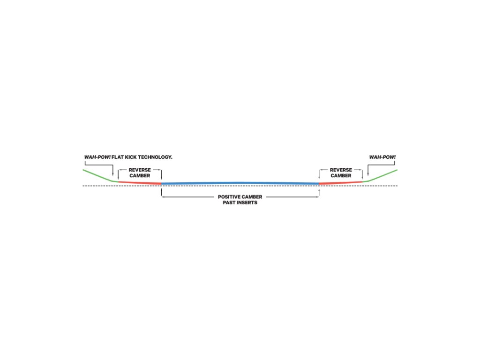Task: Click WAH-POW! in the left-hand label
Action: (x=97, y=157)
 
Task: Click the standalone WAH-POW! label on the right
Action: (x=379, y=157)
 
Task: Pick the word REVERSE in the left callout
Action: (x=140, y=170)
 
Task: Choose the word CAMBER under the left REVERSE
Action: (x=140, y=176)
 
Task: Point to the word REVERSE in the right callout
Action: (x=341, y=170)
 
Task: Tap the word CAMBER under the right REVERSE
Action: (x=341, y=176)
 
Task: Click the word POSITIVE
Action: (x=229, y=197)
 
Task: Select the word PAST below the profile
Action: (x=230, y=203)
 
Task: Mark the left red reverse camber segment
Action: (x=140, y=182)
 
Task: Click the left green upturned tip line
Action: (x=98, y=175)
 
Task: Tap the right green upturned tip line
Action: (x=382, y=175)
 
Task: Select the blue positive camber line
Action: (x=240, y=183)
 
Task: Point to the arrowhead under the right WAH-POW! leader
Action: (x=368, y=175)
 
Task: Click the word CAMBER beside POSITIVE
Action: (x=252, y=197)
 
